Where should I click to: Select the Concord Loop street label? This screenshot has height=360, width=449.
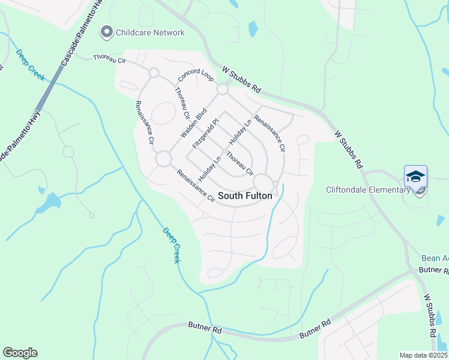pyautogui.click(x=196, y=71)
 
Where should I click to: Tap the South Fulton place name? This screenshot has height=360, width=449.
pyautogui.click(x=245, y=196)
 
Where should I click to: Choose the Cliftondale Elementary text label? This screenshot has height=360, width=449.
pyautogui.click(x=368, y=190)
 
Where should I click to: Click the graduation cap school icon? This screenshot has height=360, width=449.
pyautogui.click(x=415, y=176)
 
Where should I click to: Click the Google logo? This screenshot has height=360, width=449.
pyautogui.click(x=20, y=353)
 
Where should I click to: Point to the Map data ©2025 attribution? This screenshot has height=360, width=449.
pyautogui.click(x=423, y=355)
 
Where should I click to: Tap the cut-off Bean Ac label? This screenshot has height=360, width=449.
pyautogui.click(x=435, y=258)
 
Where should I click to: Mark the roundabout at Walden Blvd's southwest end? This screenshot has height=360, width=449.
pyautogui.click(x=163, y=160)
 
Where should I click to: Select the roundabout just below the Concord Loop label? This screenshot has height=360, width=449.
pyautogui.click(x=223, y=89)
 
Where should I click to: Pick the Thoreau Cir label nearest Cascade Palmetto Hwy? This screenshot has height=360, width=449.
pyautogui.click(x=109, y=58)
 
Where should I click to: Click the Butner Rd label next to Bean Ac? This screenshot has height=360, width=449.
pyautogui.click(x=432, y=271)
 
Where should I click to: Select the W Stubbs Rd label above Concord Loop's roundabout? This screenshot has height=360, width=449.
pyautogui.click(x=240, y=79)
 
